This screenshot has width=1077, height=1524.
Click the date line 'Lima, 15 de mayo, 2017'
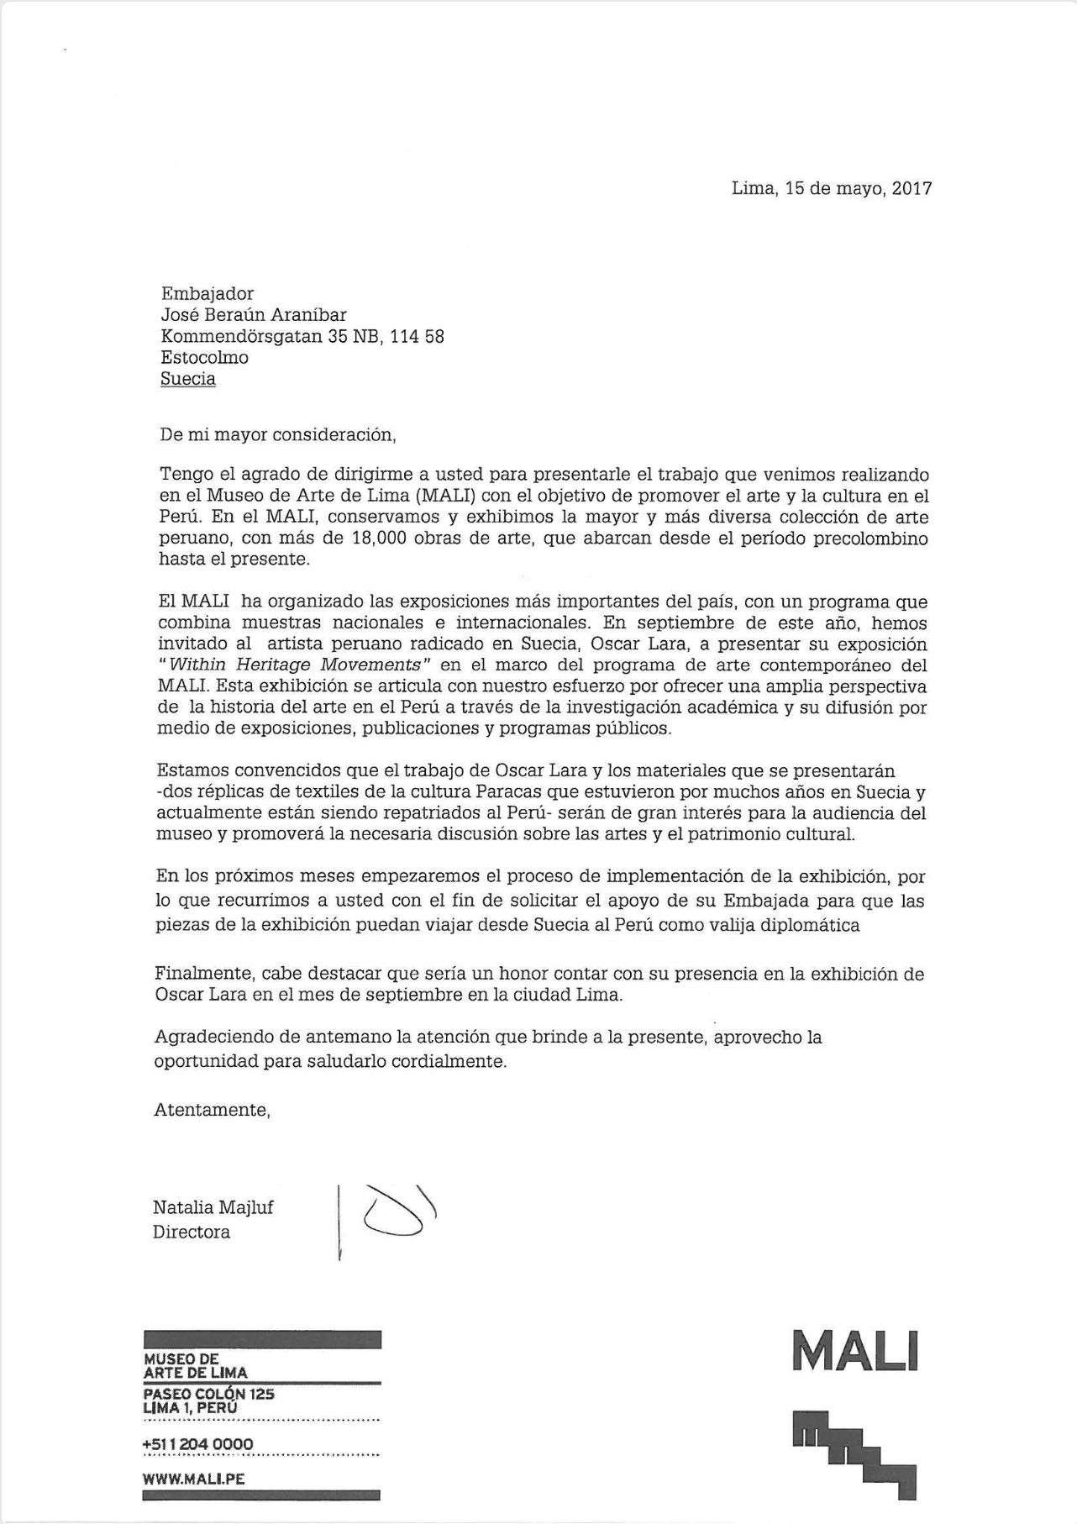coord(832,188)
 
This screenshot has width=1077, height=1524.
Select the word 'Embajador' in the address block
coord(207,294)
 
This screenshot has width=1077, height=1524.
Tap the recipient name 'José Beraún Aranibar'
coord(253,315)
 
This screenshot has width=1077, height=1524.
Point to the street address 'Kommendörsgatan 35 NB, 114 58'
coord(302,337)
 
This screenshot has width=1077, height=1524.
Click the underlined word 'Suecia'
coord(188,379)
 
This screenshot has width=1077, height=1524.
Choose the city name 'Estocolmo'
coord(204,358)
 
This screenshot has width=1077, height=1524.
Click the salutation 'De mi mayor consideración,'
coord(277,435)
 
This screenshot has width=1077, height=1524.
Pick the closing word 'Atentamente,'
coord(212,1110)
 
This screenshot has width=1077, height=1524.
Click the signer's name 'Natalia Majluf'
coord(213,1208)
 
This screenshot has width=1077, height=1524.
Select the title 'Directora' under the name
coord(191,1232)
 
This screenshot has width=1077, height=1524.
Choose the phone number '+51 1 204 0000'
coord(198,1445)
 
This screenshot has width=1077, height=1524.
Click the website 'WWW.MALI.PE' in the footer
coord(194,1479)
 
